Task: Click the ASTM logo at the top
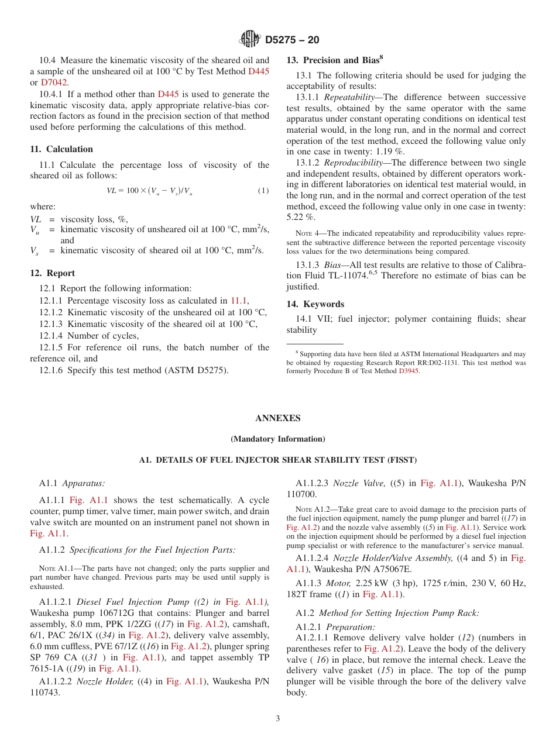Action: click(x=250, y=40)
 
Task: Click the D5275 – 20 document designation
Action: click(x=292, y=40)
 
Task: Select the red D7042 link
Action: click(x=54, y=82)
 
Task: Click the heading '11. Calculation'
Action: click(x=61, y=149)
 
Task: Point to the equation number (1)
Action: click(x=263, y=191)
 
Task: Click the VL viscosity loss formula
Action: click(x=149, y=191)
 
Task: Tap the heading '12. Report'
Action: click(x=53, y=273)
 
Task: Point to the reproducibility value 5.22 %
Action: click(x=301, y=217)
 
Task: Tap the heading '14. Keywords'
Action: click(x=315, y=304)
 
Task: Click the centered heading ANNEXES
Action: click(x=278, y=418)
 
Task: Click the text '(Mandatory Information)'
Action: click(x=278, y=439)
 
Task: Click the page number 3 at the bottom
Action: click(x=278, y=718)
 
